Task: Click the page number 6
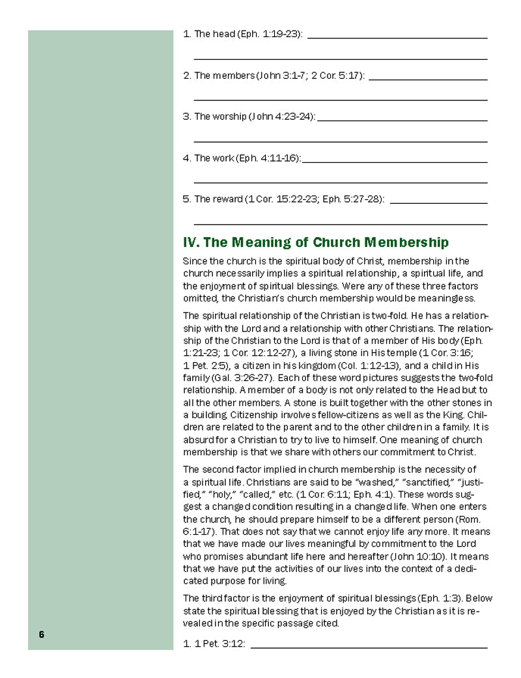pyautogui.click(x=41, y=635)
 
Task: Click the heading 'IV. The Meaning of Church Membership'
pyautogui.click(x=316, y=243)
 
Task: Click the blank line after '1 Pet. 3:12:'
pyautogui.click(x=368, y=647)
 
